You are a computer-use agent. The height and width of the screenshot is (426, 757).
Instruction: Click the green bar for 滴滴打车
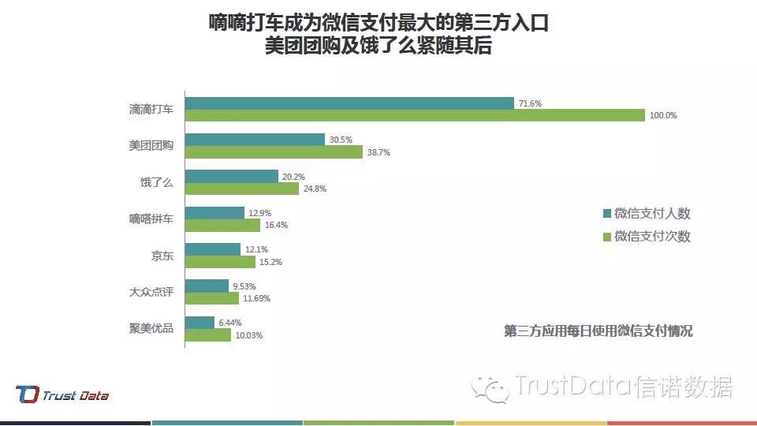click(x=415, y=116)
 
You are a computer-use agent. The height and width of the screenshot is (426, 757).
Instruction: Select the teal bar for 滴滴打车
click(x=349, y=103)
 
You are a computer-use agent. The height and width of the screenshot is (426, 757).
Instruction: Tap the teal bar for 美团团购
click(x=255, y=140)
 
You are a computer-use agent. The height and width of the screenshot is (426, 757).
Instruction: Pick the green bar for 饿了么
click(x=242, y=189)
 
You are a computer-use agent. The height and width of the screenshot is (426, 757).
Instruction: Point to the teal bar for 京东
click(x=213, y=249)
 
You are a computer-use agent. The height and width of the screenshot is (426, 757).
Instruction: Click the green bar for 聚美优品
click(x=208, y=334)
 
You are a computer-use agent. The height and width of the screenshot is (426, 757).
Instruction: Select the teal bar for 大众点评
click(x=207, y=286)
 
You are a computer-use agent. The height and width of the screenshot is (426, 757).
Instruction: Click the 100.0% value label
click(x=663, y=116)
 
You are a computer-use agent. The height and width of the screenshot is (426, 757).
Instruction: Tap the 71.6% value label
click(x=530, y=103)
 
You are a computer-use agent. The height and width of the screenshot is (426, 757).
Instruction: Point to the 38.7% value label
click(x=378, y=152)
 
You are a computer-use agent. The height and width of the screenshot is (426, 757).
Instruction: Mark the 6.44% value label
click(x=230, y=323)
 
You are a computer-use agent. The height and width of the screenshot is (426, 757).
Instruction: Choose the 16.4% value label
click(x=276, y=225)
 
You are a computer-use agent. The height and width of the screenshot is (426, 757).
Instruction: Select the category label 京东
click(x=162, y=256)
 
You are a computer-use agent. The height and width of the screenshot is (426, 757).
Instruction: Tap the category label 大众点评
click(x=151, y=292)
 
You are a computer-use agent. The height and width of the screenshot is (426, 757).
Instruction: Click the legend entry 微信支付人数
click(x=647, y=214)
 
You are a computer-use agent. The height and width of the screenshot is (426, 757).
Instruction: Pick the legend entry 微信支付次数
click(x=647, y=236)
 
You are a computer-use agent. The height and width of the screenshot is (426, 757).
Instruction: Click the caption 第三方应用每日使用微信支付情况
click(x=599, y=331)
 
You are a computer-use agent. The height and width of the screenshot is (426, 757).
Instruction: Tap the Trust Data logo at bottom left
click(x=62, y=395)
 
